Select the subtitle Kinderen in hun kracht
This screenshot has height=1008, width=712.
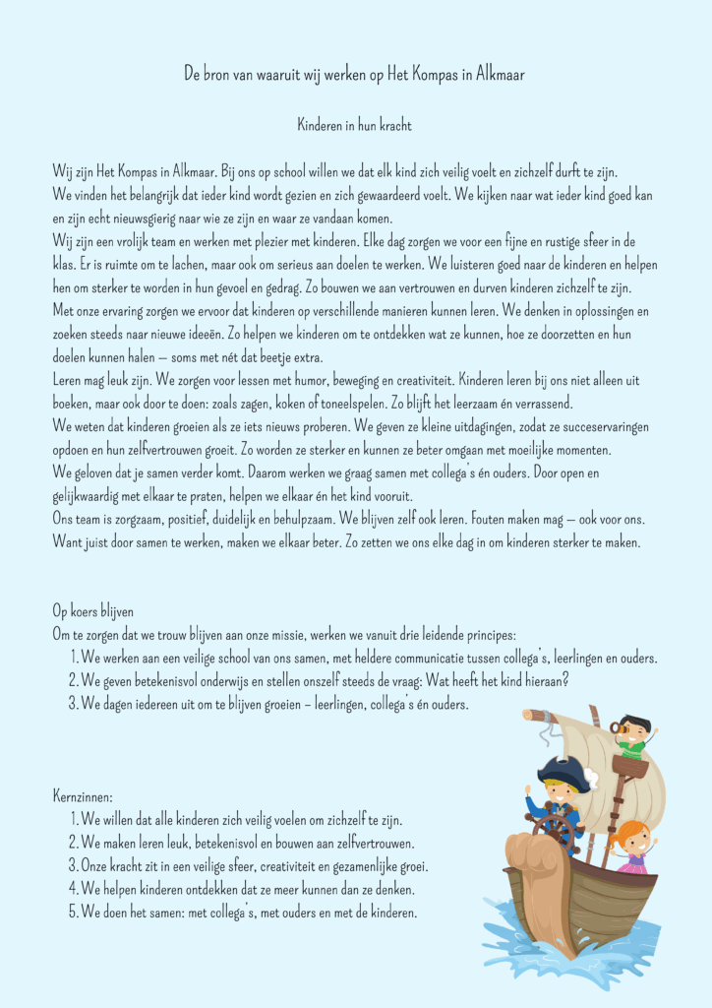pos(355,126)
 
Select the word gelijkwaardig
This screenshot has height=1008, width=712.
pos(89,495)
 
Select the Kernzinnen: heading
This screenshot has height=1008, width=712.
pos(84,795)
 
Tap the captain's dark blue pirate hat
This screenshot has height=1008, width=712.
pos(564,773)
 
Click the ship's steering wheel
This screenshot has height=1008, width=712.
pos(558,829)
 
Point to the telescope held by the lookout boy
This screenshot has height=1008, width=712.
pos(618,727)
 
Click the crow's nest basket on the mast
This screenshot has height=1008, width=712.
pos(629,766)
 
